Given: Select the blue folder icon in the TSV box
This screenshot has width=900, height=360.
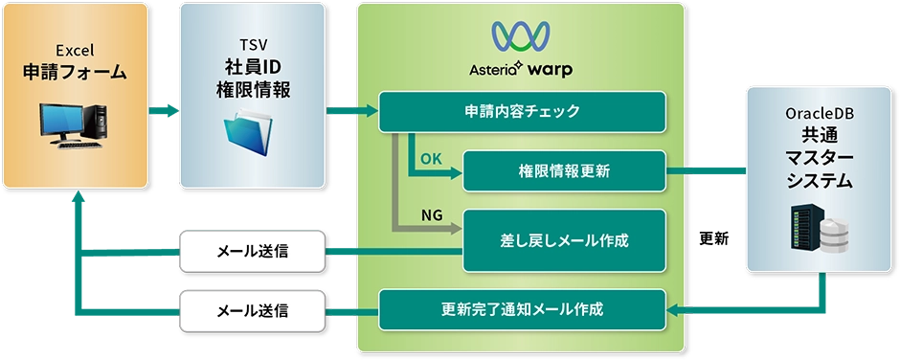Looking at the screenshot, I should [252, 135].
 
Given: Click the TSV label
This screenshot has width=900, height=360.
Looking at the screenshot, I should [252, 45].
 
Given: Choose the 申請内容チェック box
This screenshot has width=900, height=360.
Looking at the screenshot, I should [522, 111].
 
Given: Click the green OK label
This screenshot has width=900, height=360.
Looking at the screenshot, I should [431, 158].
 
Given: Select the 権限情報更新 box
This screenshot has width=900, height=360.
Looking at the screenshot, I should [564, 171].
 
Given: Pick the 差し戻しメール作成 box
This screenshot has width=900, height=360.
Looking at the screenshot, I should [564, 240].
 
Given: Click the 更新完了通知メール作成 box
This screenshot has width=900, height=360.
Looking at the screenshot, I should [522, 309].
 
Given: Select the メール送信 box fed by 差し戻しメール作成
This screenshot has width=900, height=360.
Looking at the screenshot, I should [252, 252].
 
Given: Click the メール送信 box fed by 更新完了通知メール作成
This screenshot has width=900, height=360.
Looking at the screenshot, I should [252, 309].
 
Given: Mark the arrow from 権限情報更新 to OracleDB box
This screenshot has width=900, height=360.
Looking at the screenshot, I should [704, 171].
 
